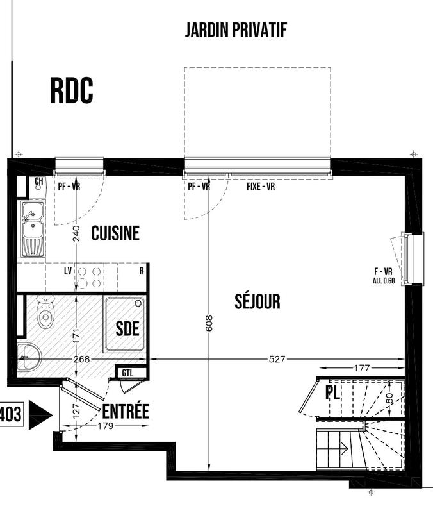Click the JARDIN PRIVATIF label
[235, 30]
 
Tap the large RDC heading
[72, 90]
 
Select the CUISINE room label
[115, 233]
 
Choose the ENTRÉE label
[126, 411]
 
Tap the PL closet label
[332, 392]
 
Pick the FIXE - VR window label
[261, 187]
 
